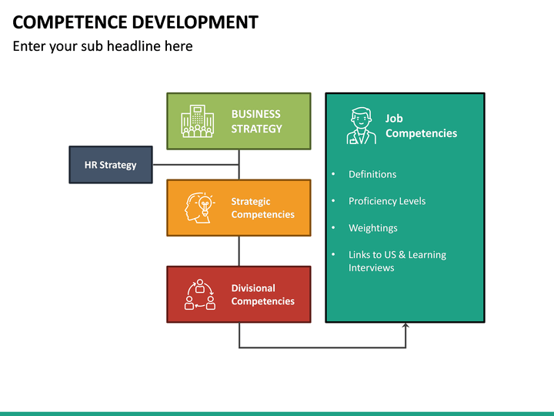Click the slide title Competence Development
tap(135, 22)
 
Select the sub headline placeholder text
tap(102, 46)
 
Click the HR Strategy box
tap(110, 165)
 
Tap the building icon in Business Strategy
tap(197, 122)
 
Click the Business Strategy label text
tap(257, 121)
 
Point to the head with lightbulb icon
tap(198, 208)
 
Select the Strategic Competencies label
tap(262, 208)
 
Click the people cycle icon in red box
tap(199, 294)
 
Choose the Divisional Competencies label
tap(262, 294)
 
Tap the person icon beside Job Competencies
tap(361, 126)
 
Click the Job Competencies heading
tap(421, 126)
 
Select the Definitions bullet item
tap(372, 174)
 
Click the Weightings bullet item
tap(372, 228)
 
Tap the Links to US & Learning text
tap(397, 255)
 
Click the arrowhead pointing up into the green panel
tap(405, 327)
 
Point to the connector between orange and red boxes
tap(239, 250)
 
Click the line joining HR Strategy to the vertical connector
tap(195, 165)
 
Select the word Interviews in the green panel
tap(371, 268)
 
